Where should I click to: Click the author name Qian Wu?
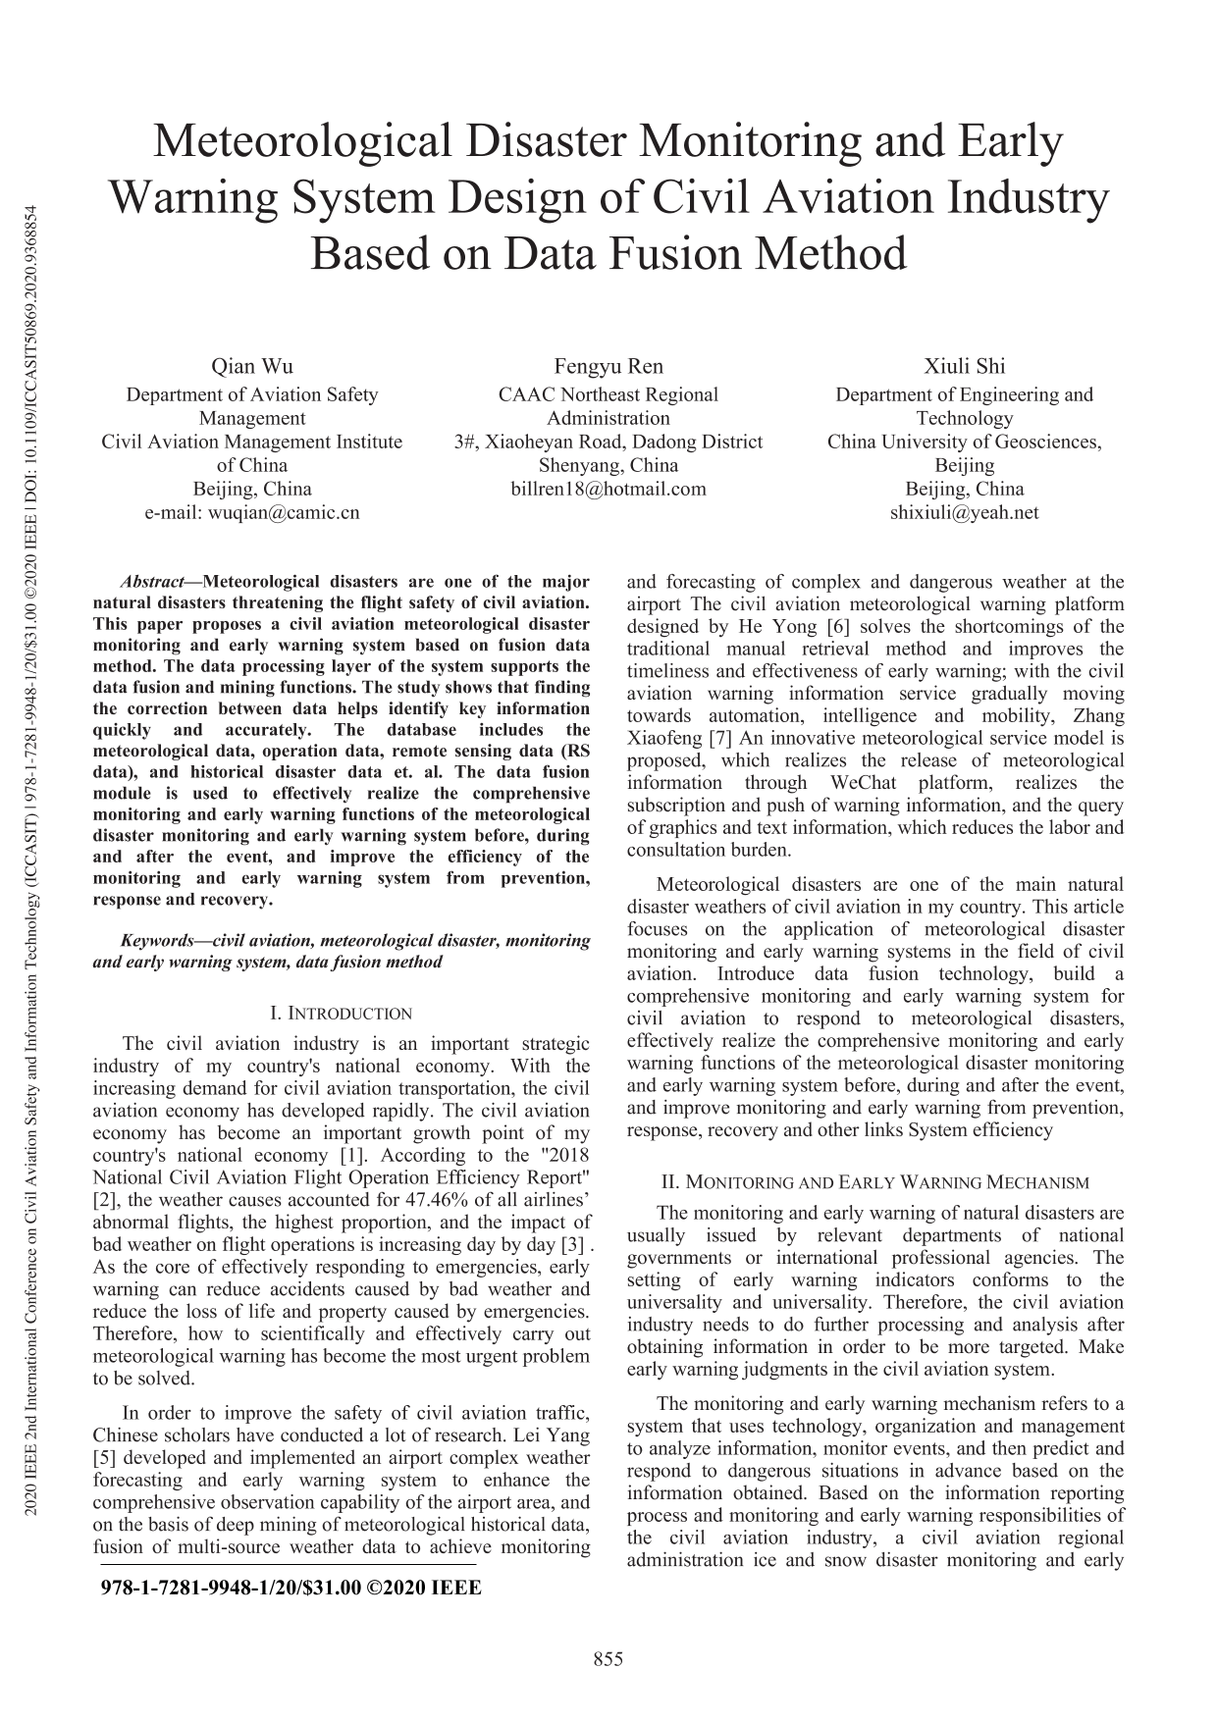point(252,367)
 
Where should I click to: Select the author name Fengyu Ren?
point(608,367)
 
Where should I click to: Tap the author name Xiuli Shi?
point(964,367)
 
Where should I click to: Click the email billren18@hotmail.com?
point(608,489)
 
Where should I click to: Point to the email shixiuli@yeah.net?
point(964,512)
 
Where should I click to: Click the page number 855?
point(608,1659)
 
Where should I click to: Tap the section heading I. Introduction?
point(341,1014)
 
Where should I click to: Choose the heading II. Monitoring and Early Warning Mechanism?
point(875,1183)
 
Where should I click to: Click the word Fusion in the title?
point(679,254)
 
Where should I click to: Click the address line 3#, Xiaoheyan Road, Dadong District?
point(608,442)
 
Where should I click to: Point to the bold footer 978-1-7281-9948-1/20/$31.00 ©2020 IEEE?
point(291,1588)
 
